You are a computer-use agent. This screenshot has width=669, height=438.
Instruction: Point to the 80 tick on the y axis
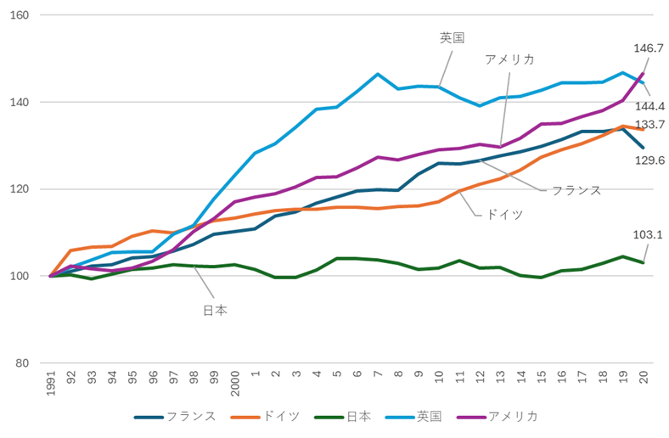[22, 363]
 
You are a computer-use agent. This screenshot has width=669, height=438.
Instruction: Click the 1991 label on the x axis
[51, 385]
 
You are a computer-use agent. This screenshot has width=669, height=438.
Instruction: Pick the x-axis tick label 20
[644, 379]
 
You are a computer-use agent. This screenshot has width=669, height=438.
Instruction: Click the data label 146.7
[647, 49]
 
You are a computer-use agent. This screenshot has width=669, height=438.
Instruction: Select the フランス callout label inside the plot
[576, 189]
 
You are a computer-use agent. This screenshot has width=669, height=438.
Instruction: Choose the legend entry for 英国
[429, 416]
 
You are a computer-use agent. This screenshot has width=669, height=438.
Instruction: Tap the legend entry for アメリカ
[513, 416]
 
